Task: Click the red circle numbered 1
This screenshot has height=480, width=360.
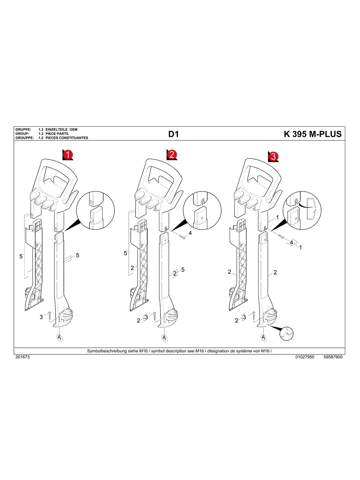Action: point(68,155)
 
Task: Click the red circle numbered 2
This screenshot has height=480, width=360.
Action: point(172,155)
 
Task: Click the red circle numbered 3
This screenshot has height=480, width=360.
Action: point(273,157)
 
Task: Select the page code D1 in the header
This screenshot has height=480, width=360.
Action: point(174,134)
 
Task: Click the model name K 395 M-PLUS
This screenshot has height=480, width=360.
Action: point(312,134)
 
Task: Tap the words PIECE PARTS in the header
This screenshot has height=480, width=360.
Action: point(57,134)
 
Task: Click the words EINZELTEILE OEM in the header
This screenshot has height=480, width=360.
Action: point(62,130)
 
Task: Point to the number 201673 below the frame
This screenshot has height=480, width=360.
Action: point(22,357)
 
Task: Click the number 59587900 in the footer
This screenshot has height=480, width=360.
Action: point(333,357)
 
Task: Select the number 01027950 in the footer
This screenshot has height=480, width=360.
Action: point(305,357)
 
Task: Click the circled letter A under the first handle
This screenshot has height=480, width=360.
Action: point(59,337)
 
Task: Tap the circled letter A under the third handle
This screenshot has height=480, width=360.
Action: point(263,337)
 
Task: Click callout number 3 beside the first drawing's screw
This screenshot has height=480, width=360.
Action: point(41,317)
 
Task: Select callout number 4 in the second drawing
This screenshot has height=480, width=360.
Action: point(190,233)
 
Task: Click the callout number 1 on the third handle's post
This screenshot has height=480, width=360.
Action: point(277,218)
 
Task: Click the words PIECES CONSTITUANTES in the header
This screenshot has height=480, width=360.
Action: point(67,138)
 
